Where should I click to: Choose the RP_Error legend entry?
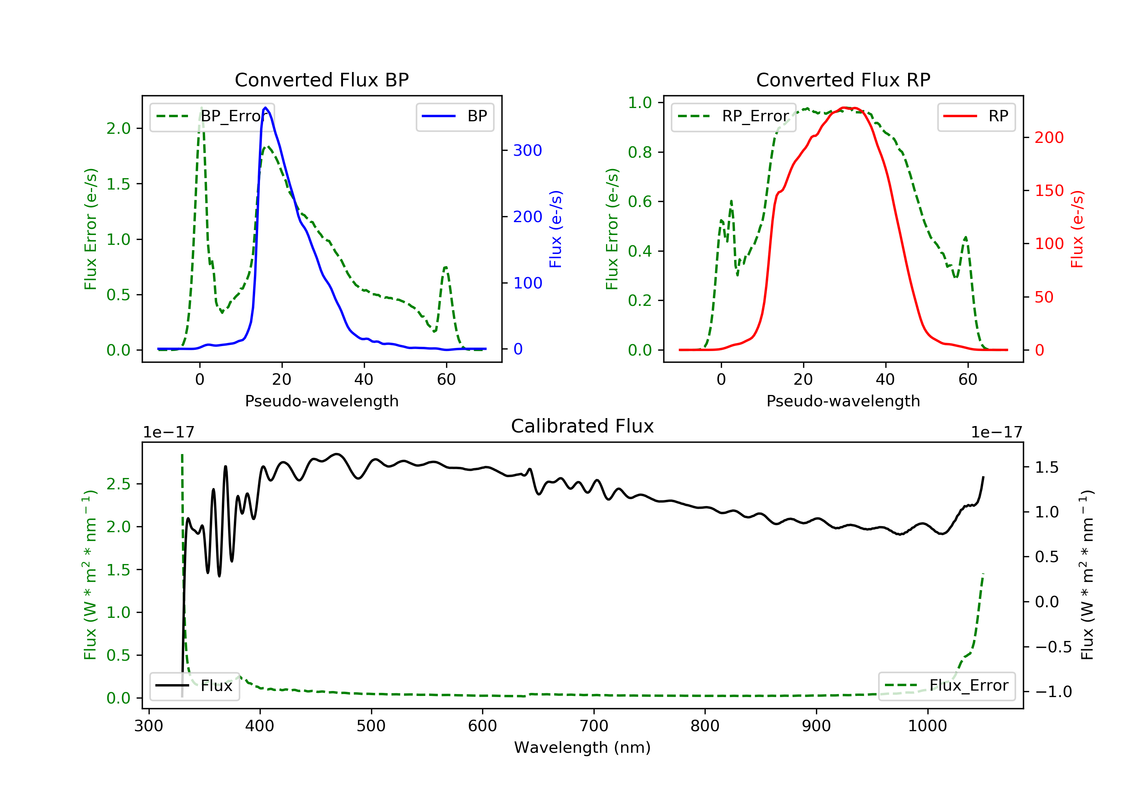(x=733, y=117)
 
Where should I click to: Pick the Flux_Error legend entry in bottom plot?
(x=946, y=686)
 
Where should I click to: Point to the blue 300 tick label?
(x=528, y=150)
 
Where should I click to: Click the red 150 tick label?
(x=1049, y=191)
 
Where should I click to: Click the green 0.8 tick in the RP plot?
(x=640, y=152)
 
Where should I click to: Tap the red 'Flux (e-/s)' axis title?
(x=1077, y=229)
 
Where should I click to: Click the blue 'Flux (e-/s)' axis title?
(x=556, y=229)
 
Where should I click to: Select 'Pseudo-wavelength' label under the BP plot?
(x=321, y=401)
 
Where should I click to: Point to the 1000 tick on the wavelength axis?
(x=927, y=726)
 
